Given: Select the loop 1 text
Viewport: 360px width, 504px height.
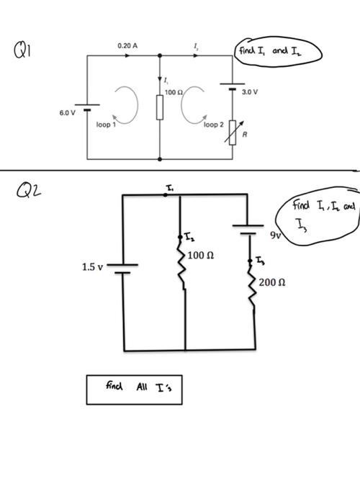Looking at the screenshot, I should click(107, 124).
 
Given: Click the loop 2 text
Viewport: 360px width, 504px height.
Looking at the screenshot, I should click(215, 124).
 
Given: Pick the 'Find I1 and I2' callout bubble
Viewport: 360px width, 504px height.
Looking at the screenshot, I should click(276, 51).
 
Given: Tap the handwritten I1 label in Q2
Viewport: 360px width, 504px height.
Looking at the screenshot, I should click(170, 186).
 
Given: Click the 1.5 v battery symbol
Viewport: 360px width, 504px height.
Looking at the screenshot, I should click(123, 268).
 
